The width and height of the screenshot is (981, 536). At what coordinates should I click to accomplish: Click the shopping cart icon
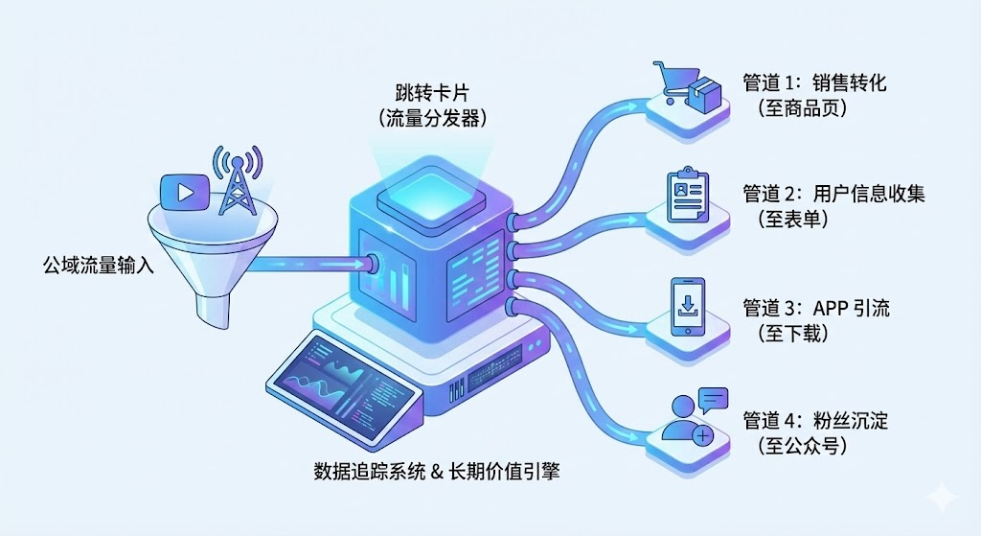tap(674, 84)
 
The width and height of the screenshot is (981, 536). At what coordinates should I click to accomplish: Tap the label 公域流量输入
tap(99, 264)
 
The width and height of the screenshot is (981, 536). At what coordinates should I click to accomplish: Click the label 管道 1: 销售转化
tap(815, 82)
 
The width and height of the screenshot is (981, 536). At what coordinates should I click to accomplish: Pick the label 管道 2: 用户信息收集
tap(834, 194)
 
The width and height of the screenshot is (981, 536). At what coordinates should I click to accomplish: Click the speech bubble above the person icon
tap(713, 400)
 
